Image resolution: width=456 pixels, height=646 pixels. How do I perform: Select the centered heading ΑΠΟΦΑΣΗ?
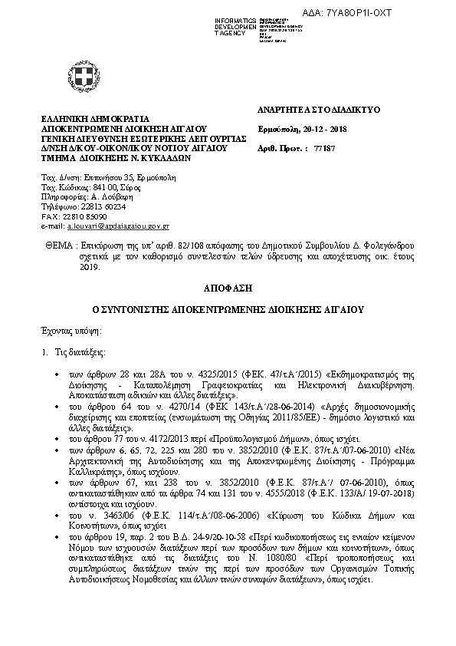click(x=228, y=289)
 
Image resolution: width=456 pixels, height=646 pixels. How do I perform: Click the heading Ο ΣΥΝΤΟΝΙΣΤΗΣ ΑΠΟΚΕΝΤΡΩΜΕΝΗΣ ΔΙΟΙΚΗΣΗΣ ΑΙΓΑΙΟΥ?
click(x=228, y=310)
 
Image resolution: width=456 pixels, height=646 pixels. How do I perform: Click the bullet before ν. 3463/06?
click(x=70, y=515)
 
